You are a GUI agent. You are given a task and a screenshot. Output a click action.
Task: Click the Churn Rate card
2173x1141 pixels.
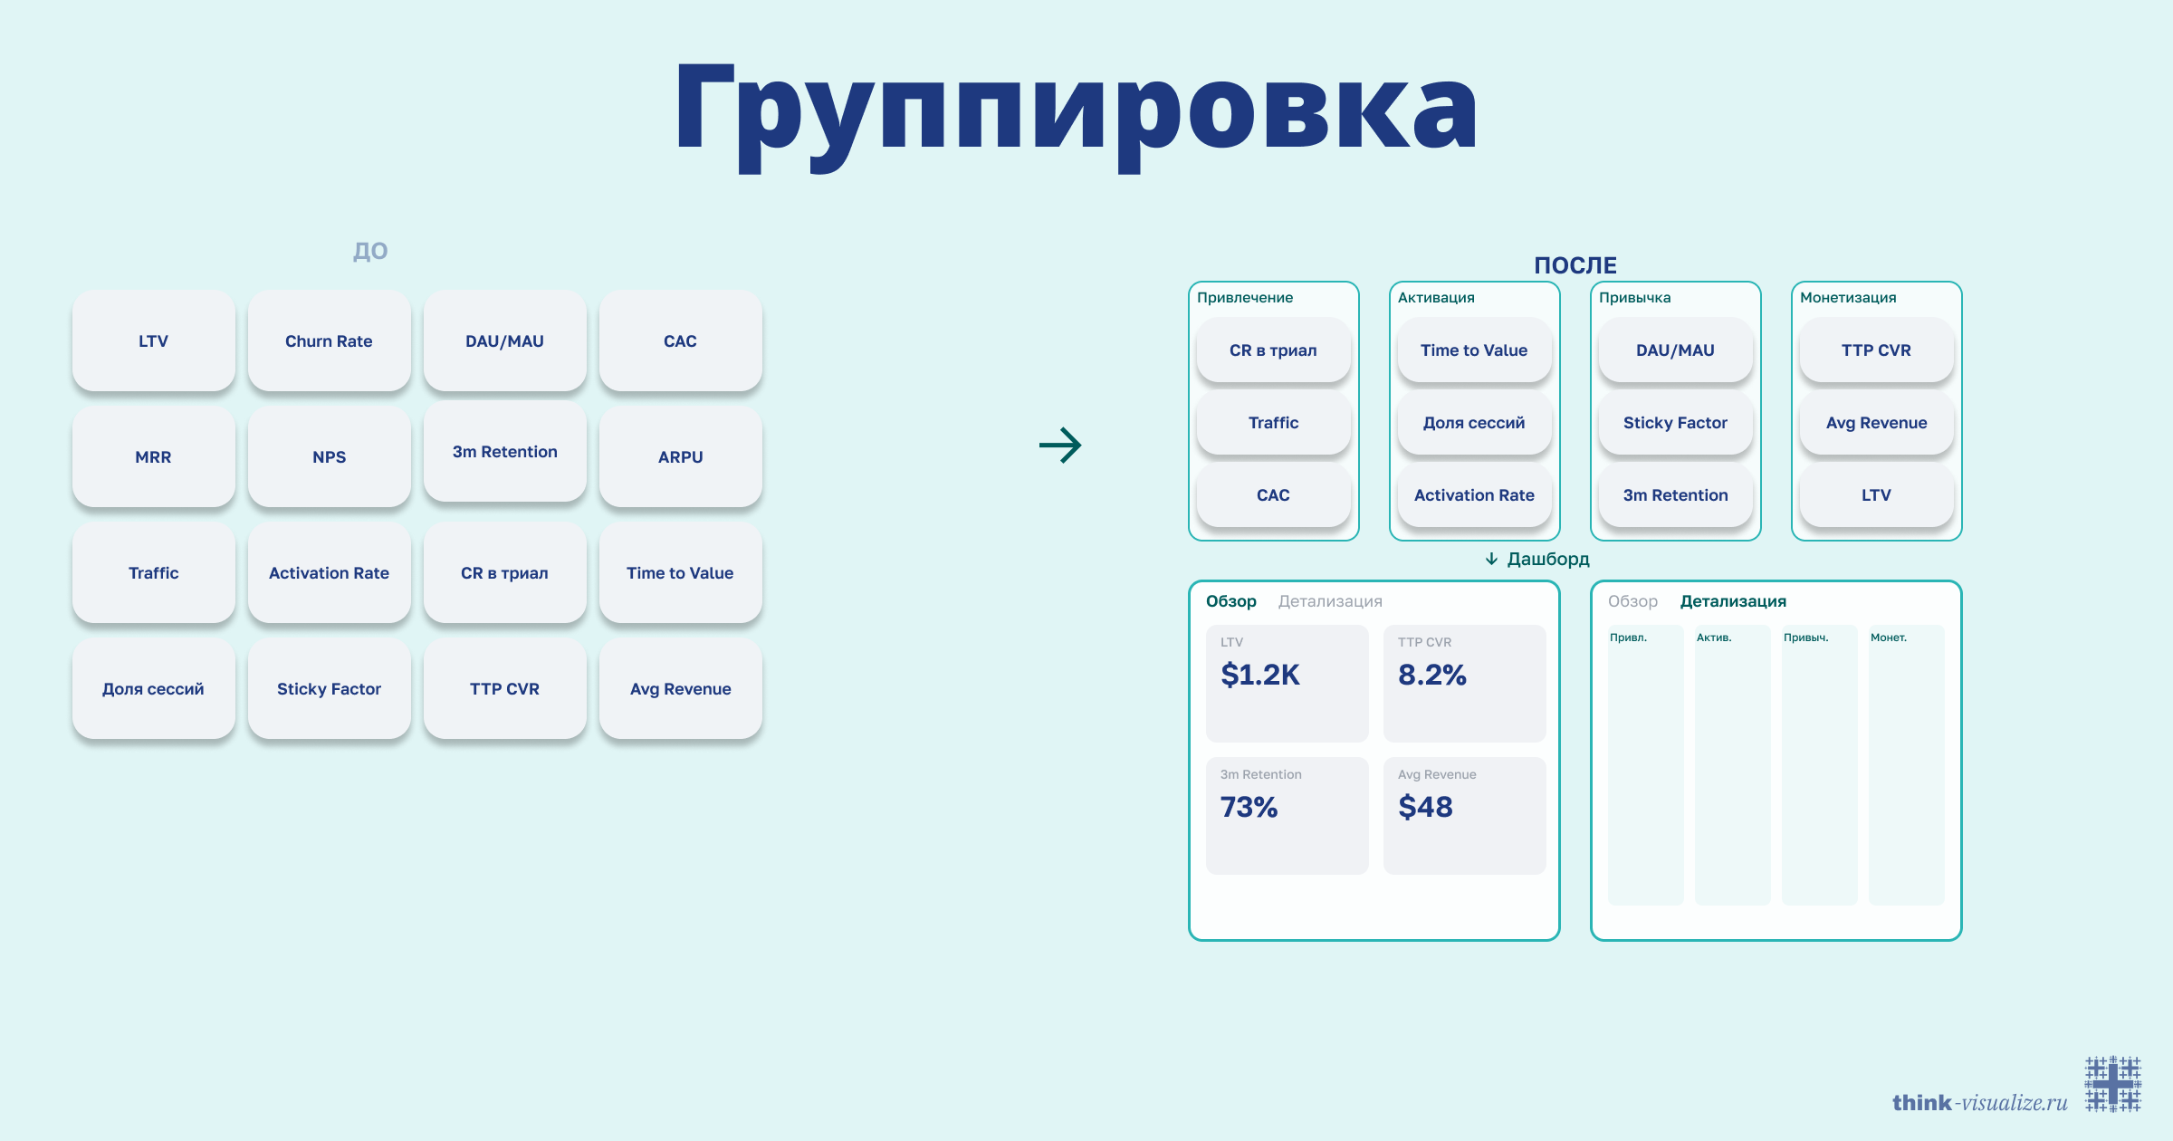tap(329, 341)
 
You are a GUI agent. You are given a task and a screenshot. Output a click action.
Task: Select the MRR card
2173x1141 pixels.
tap(153, 457)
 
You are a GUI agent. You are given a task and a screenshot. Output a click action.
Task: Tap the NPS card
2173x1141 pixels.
tap(329, 457)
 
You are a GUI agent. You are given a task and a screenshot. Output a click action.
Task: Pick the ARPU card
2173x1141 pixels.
tap(680, 457)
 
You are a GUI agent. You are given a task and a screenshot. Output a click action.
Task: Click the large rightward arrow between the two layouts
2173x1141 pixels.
tap(1060, 445)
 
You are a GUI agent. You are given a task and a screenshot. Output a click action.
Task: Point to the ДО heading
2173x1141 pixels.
tap(370, 251)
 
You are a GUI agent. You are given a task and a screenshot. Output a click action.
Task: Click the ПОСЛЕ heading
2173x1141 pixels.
tap(1575, 265)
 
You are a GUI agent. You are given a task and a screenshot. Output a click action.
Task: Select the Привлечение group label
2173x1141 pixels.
tap(1245, 298)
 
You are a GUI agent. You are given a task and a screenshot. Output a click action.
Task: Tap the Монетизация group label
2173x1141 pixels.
tap(1848, 298)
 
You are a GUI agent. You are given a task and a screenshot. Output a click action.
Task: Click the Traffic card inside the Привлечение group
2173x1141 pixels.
tap(1273, 423)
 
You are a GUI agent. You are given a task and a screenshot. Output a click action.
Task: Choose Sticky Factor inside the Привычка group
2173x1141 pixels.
tap(1675, 423)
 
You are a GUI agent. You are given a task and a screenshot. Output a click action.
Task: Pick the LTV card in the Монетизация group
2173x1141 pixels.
tap(1876, 495)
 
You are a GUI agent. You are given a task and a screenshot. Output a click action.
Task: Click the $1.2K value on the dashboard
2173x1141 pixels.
tap(1259, 675)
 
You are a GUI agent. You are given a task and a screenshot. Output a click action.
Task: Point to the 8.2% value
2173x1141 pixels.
tap(1431, 675)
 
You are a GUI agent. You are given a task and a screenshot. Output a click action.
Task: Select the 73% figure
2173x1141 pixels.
tap(1249, 807)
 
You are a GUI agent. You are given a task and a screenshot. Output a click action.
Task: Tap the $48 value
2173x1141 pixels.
tap(1425, 807)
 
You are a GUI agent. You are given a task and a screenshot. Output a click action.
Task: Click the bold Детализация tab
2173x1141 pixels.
tap(1733, 601)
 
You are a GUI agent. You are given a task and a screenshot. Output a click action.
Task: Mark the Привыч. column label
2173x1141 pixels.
tap(1805, 638)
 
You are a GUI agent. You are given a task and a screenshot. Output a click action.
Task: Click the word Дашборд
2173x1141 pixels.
tap(1548, 560)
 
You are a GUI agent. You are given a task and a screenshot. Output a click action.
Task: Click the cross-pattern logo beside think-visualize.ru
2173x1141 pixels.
tap(2113, 1083)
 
